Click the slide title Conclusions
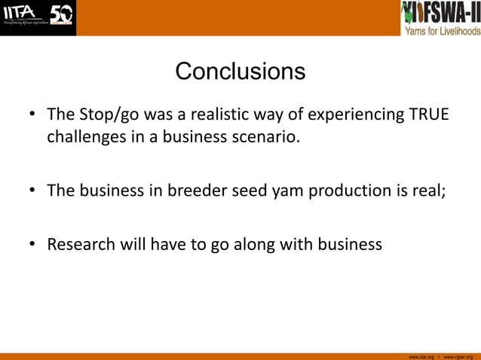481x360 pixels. (x=240, y=72)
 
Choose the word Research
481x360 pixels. (x=80, y=244)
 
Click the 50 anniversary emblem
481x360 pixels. (x=61, y=15)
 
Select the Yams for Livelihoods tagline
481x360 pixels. (x=443, y=31)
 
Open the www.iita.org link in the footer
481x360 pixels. (x=421, y=356)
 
